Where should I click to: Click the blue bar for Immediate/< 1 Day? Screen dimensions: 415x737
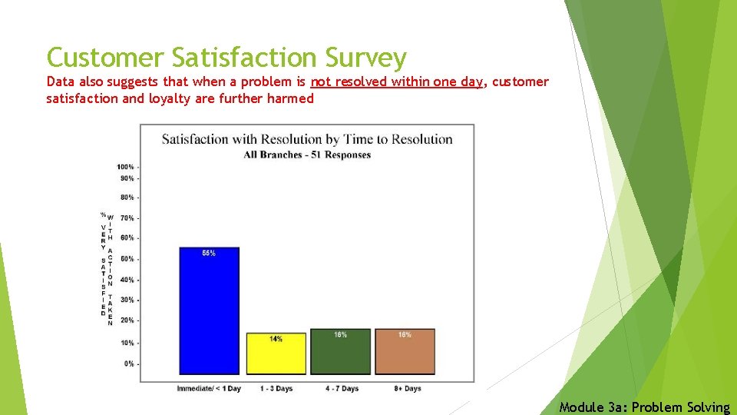[x=209, y=310]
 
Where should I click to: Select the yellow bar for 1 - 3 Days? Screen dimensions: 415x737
[x=276, y=354]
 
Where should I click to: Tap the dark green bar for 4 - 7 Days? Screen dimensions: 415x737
[x=340, y=352]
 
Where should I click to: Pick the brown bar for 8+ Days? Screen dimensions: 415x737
[x=405, y=352]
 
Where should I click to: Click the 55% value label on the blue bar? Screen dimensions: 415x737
[x=209, y=254]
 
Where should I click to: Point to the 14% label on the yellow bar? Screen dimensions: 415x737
[x=276, y=339]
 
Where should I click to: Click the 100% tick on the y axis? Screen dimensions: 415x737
[x=126, y=167]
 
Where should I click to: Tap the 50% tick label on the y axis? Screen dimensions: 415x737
[x=127, y=259]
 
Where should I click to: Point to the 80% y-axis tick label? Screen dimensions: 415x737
[x=127, y=198]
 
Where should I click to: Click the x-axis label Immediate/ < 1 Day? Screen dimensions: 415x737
[x=209, y=389]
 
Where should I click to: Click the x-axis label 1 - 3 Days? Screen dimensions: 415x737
[x=276, y=389]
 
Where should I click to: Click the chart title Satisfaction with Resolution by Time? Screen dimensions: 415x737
[x=307, y=139]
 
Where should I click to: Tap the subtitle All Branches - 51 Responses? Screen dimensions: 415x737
[x=307, y=154]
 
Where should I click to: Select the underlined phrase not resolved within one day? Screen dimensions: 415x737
[x=396, y=81]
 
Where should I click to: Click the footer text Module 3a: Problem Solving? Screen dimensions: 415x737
[x=644, y=407]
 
